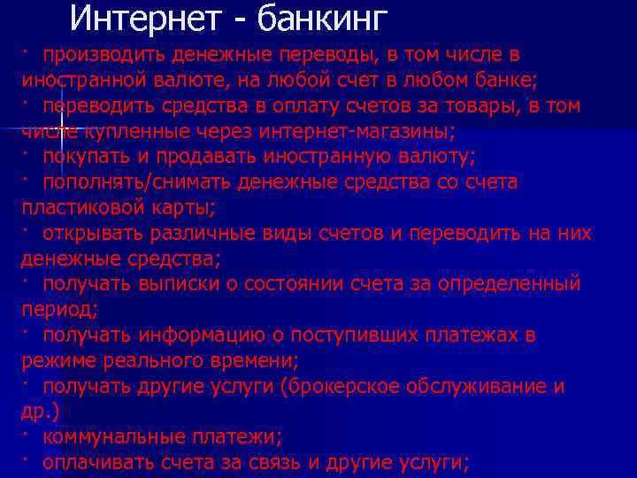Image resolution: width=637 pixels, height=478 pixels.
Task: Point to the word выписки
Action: point(173,285)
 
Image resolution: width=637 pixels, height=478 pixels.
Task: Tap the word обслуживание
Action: point(490,388)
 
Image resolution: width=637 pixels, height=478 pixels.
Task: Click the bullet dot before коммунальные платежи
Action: point(27,433)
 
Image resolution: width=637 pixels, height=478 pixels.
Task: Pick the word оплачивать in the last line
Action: point(96,463)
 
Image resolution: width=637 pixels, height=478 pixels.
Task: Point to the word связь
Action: point(297,463)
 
